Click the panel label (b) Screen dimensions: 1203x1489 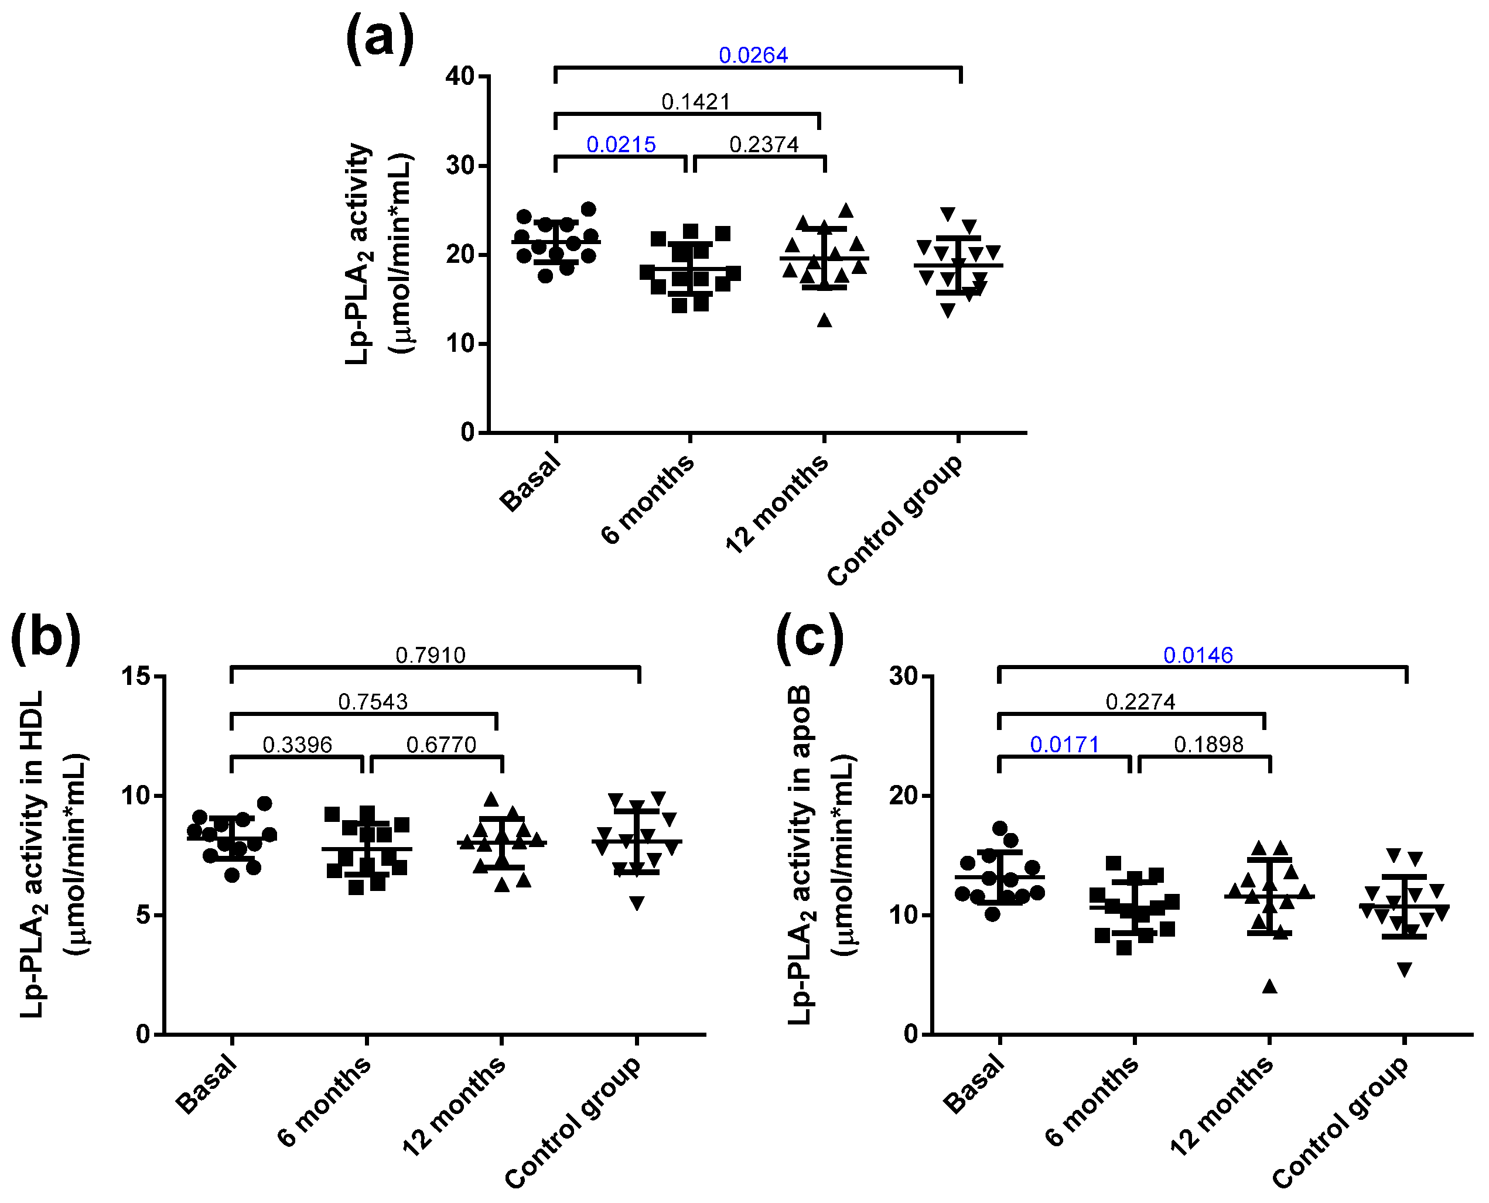pos(45,638)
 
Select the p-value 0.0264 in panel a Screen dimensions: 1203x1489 pos(753,56)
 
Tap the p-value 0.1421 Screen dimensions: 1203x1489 pos(695,102)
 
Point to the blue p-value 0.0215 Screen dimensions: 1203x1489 pos(620,145)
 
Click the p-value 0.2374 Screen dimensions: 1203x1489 pos(763,145)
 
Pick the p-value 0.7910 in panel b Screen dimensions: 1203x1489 pos(430,655)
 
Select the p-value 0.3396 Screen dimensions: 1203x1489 pos(297,745)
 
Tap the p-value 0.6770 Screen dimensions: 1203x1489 pos(441,745)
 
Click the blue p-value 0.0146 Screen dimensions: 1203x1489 pos(1197,655)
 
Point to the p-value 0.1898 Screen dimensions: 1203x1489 pos(1208,745)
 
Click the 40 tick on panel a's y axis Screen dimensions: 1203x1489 pos(460,76)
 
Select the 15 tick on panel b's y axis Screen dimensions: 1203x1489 pos(136,676)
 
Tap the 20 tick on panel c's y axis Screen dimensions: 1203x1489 pos(904,796)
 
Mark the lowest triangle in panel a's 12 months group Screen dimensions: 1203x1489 pos(824,320)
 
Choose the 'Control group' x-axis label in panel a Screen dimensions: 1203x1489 pos(896,520)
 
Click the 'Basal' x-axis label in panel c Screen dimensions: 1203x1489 pos(975,1084)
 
